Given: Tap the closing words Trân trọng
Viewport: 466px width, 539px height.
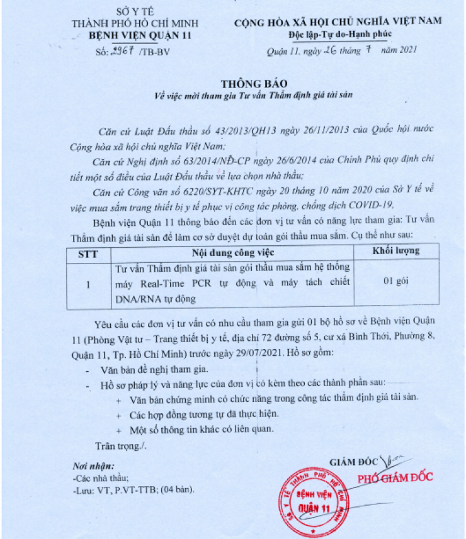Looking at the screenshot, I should (120, 445).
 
